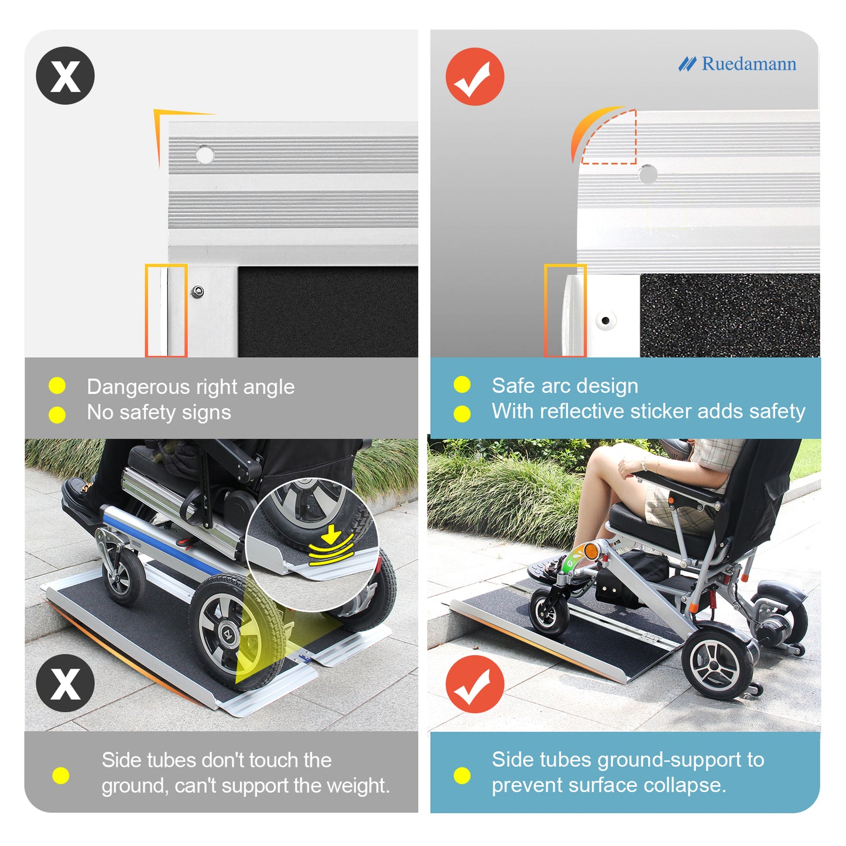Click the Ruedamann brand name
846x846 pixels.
pyautogui.click(x=749, y=64)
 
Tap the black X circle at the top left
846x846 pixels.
pyautogui.click(x=66, y=76)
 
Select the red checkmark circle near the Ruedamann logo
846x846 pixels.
pyautogui.click(x=475, y=76)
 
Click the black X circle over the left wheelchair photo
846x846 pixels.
pyautogui.click(x=66, y=683)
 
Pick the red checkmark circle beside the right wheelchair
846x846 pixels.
pyautogui.click(x=475, y=684)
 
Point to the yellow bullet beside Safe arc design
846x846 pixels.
pyautogui.click(x=462, y=384)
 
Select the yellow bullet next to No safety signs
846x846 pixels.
pyautogui.click(x=57, y=415)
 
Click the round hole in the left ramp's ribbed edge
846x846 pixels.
pyautogui.click(x=204, y=155)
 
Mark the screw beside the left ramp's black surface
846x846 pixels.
pyautogui.click(x=198, y=292)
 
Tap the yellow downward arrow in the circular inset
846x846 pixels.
pyautogui.click(x=331, y=534)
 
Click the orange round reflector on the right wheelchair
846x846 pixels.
pyautogui.click(x=592, y=551)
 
